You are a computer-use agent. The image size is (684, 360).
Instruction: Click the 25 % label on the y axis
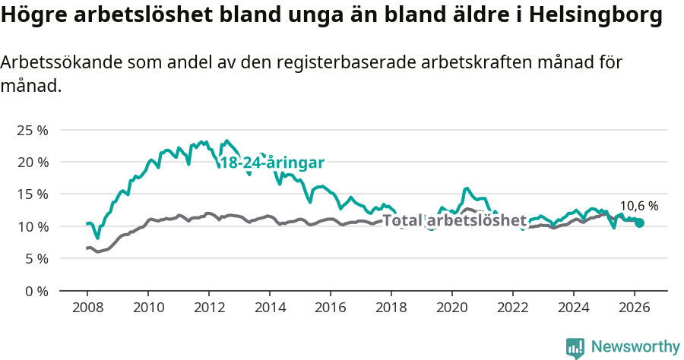pyautogui.click(x=32, y=130)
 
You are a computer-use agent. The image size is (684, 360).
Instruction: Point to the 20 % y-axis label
pyautogui.click(x=32, y=162)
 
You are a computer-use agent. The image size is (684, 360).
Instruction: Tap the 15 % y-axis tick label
pyautogui.click(x=32, y=194)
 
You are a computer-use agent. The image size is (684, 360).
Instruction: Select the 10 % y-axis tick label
pyautogui.click(x=32, y=226)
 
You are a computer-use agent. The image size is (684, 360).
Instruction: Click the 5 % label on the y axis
pyautogui.click(x=36, y=258)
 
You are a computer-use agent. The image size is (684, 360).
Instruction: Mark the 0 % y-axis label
pyautogui.click(x=36, y=291)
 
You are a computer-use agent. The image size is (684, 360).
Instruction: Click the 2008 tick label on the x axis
pyautogui.click(x=87, y=308)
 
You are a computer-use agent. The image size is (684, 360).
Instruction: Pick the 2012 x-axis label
pyautogui.click(x=208, y=308)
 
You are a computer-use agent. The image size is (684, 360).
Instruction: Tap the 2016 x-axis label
pyautogui.click(x=330, y=308)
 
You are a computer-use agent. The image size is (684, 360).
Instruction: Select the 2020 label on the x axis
pyautogui.click(x=451, y=308)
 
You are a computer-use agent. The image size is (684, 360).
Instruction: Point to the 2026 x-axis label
pyautogui.click(x=634, y=308)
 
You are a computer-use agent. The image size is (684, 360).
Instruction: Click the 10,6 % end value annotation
pyautogui.click(x=639, y=206)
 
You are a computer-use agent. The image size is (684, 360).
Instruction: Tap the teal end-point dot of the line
pyautogui.click(x=640, y=223)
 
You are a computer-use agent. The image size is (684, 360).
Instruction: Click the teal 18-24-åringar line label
pyautogui.click(x=272, y=163)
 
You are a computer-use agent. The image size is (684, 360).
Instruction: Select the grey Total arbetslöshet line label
pyautogui.click(x=454, y=221)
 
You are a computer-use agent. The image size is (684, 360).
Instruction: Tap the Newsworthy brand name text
pyautogui.click(x=635, y=347)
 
